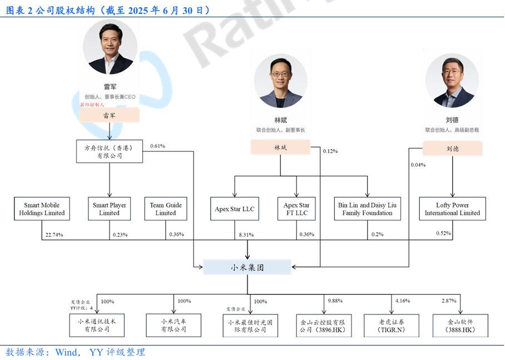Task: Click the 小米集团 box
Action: point(247,267)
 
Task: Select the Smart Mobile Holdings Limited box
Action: point(42,209)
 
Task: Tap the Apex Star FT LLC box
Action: point(296,209)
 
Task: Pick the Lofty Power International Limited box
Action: point(452,209)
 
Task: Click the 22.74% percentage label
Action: point(53,235)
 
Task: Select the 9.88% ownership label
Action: point(335,301)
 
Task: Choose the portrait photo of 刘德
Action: point(452,82)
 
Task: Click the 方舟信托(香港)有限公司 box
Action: point(110,151)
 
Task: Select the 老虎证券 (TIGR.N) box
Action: point(392,326)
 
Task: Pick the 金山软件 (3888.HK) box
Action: point(461,326)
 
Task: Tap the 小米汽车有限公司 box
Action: point(174,326)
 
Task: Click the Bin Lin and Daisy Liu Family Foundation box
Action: point(367,209)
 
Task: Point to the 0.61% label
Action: point(157,146)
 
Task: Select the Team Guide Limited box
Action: point(165,209)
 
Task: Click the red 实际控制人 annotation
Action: point(92,105)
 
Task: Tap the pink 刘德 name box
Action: point(452,149)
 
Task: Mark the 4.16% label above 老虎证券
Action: point(403,301)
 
